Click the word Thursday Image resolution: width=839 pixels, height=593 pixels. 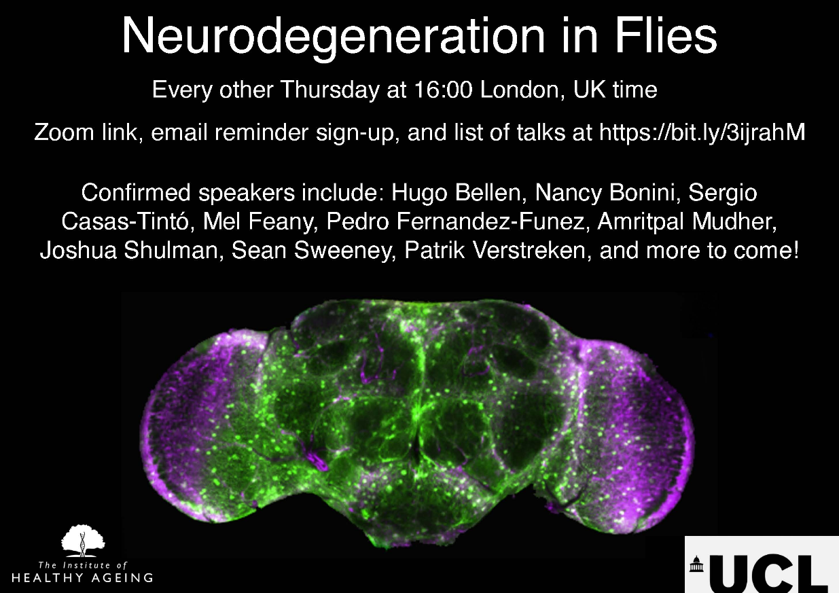coord(330,90)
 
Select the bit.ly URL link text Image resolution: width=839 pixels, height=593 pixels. coord(702,132)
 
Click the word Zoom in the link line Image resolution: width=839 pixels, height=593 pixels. coord(64,132)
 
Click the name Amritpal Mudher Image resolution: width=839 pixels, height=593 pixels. coord(687,221)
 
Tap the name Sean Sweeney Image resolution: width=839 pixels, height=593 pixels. coord(314,251)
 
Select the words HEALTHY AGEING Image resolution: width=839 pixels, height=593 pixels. coord(82,577)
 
